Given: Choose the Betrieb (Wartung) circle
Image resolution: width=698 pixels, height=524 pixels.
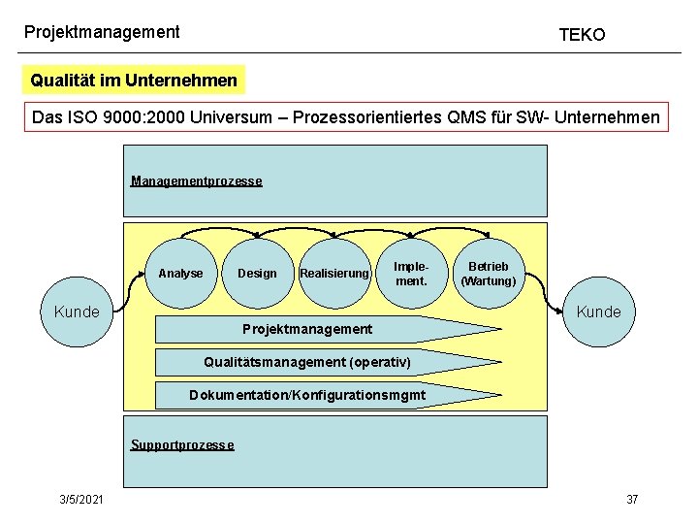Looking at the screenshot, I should [x=491, y=274].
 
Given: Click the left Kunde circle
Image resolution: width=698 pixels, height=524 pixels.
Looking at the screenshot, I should [x=77, y=311].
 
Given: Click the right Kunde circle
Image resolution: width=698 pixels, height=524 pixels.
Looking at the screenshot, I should [x=598, y=311].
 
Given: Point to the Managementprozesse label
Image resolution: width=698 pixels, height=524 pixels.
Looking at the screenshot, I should [x=196, y=181].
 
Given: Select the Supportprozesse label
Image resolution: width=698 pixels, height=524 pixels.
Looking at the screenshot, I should [x=182, y=445].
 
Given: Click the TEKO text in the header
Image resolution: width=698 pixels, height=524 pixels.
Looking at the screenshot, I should [x=582, y=35].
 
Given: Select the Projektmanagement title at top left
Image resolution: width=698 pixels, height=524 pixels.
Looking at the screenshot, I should [x=102, y=32].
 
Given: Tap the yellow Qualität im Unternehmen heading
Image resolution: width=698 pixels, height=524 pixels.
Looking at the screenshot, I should [x=134, y=81].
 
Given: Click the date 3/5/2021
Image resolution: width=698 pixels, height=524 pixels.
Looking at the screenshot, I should [x=82, y=499].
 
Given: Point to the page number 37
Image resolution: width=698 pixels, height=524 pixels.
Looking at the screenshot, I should [x=632, y=499].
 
